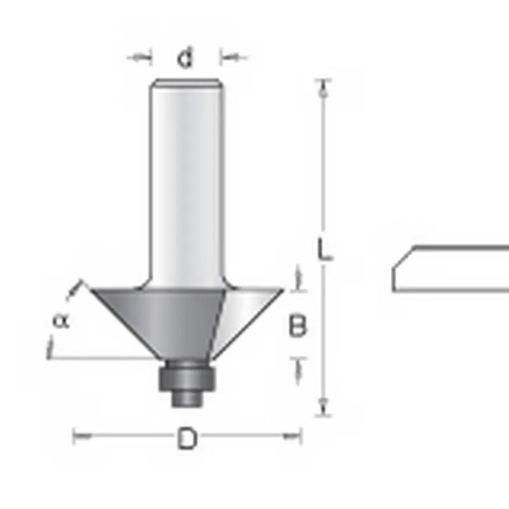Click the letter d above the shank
185,57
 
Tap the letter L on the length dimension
324,249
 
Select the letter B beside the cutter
297,325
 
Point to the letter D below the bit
187,438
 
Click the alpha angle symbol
61,321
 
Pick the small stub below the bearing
186,398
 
